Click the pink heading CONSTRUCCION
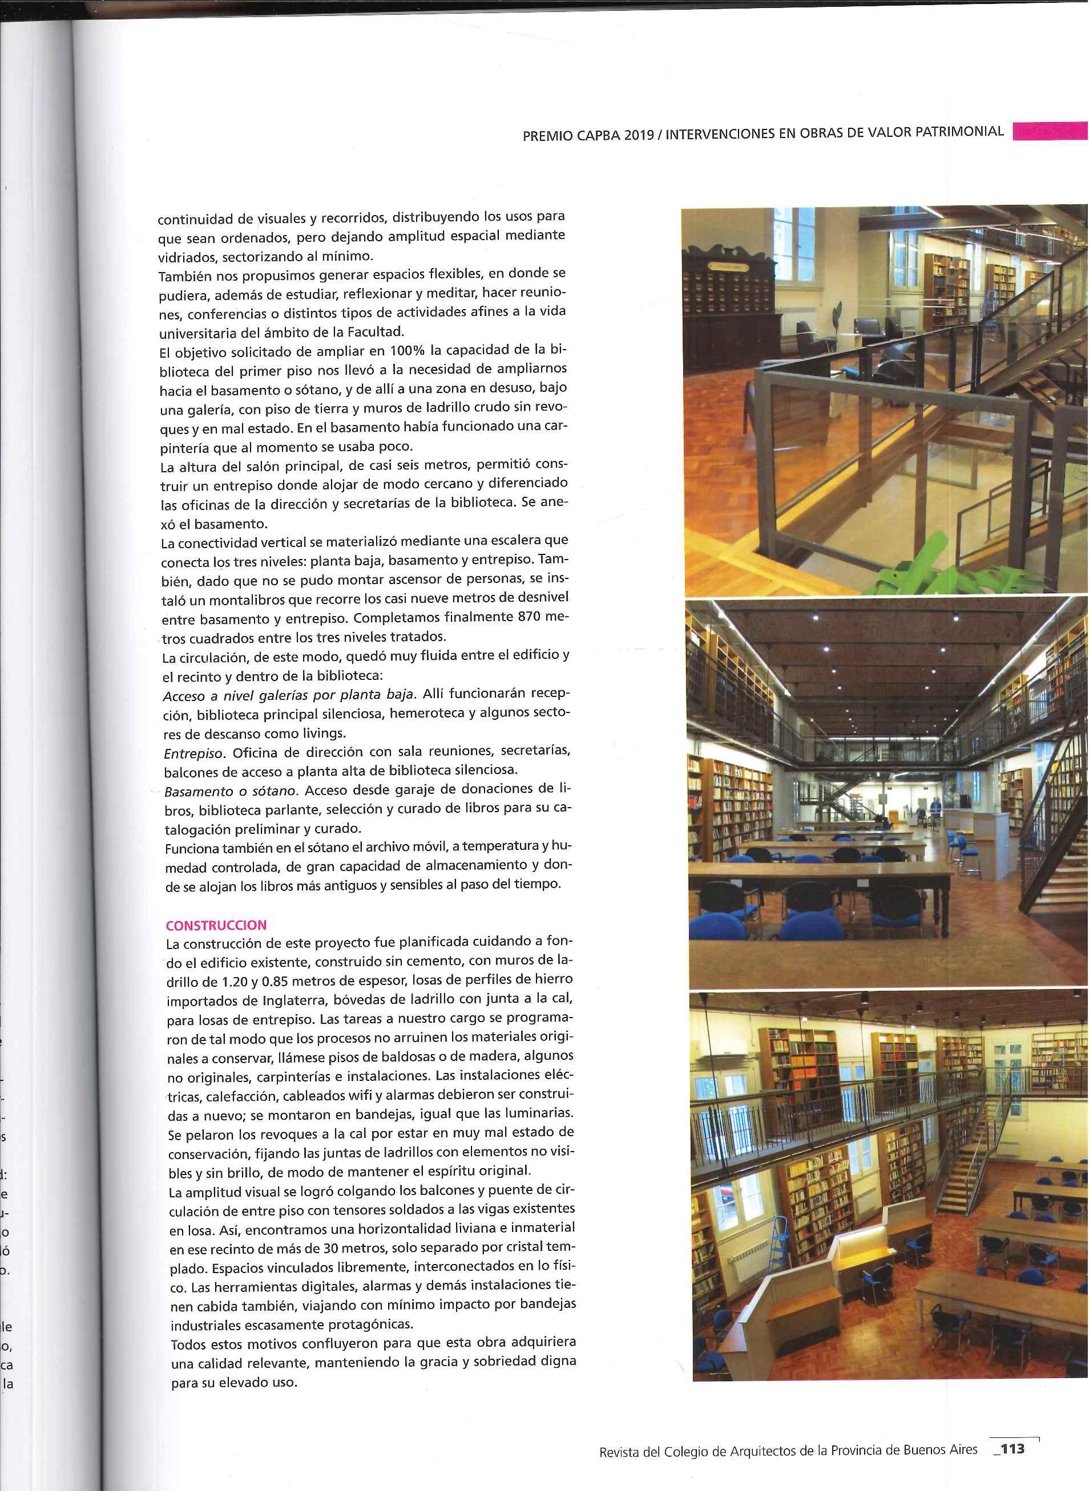(x=216, y=925)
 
